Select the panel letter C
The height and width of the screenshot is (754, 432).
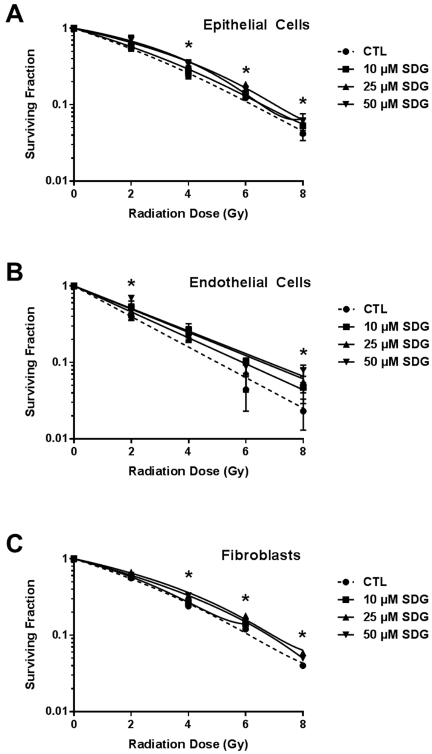pyautogui.click(x=15, y=545)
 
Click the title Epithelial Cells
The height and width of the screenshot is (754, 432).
pyautogui.click(x=256, y=25)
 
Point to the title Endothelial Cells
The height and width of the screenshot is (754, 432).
pyautogui.click(x=250, y=282)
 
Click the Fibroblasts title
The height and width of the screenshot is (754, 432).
pyautogui.click(x=261, y=555)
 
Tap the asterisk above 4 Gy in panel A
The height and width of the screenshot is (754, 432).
pyautogui.click(x=189, y=46)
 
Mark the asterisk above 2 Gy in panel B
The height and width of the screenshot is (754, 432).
pyautogui.click(x=131, y=284)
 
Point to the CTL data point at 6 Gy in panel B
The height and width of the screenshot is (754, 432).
pyautogui.click(x=246, y=389)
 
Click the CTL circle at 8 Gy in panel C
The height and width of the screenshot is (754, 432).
pyautogui.click(x=302, y=666)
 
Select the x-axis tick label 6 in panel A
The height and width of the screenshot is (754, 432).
pyautogui.click(x=246, y=194)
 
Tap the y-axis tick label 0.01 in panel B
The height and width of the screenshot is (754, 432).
pyautogui.click(x=56, y=438)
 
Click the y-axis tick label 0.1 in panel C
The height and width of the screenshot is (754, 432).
pyautogui.click(x=59, y=635)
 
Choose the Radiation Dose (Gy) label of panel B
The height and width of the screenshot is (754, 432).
pyautogui.click(x=188, y=471)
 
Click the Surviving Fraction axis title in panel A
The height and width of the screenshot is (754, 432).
pyautogui.click(x=30, y=104)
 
